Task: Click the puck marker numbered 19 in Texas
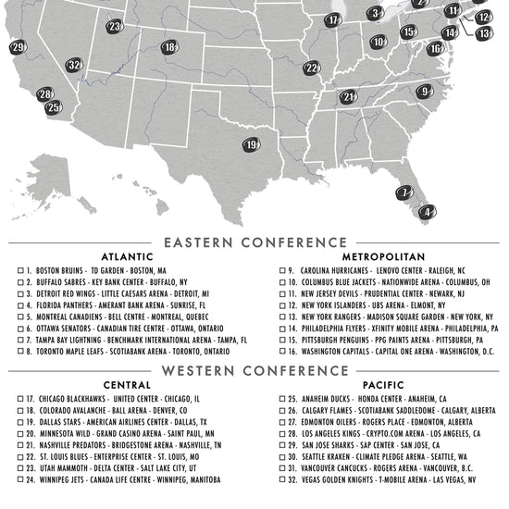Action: [x=252, y=144]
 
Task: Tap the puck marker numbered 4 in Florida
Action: [x=428, y=212]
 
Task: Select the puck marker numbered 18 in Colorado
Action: [x=170, y=47]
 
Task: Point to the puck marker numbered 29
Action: [x=18, y=47]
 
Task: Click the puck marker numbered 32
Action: [x=75, y=65]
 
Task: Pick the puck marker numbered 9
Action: [x=424, y=92]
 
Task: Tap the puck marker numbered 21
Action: [x=349, y=96]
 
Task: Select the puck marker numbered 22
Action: [x=312, y=68]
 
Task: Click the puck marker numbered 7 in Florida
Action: [x=405, y=192]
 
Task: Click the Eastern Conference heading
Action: [x=254, y=242]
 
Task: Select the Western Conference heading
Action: [x=254, y=371]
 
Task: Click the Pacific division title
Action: [x=382, y=385]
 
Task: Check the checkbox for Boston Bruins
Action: [x=20, y=271]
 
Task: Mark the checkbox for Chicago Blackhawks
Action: [x=20, y=399]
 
